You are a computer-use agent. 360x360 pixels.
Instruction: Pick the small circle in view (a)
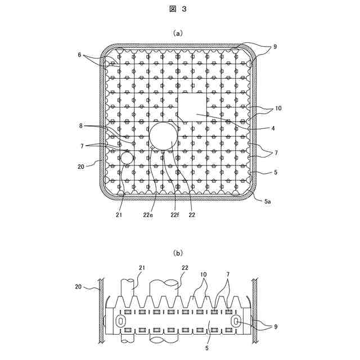[125, 157]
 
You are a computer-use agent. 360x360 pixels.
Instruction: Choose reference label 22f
[175, 215]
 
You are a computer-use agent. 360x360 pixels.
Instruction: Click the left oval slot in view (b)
[120, 321]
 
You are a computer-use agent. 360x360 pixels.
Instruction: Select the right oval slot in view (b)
[236, 321]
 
